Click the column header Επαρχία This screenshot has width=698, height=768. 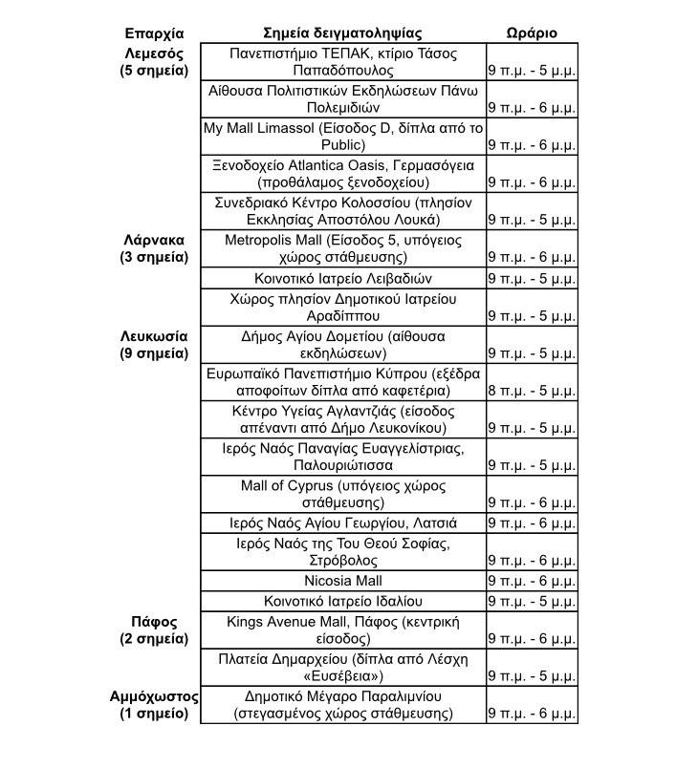point(154,32)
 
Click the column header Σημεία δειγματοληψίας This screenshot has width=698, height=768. point(342,32)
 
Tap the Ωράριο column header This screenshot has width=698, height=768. point(531,32)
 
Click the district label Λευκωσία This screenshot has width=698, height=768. point(154,336)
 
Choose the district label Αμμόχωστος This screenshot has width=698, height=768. point(154,696)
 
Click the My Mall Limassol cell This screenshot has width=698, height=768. point(343,137)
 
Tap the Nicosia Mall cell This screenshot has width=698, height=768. point(343,581)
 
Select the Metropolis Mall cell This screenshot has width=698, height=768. point(343,248)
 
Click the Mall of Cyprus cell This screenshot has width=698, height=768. point(343,493)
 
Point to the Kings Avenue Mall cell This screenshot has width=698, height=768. point(343,629)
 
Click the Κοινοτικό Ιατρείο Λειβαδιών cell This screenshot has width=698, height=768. point(343,279)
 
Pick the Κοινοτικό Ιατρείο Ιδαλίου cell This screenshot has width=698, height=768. point(343,602)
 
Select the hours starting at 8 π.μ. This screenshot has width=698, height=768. point(531,390)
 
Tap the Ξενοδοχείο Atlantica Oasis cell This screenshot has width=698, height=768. point(343,173)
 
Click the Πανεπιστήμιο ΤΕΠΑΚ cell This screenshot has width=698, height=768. point(343,62)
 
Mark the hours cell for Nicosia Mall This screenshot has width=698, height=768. point(531,581)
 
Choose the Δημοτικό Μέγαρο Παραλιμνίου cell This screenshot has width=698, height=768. point(343,704)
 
